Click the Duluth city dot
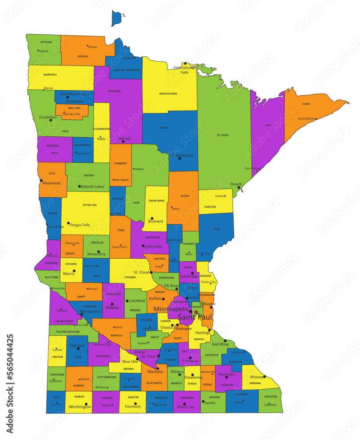click(x=239, y=188)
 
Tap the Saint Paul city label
click(x=195, y=317)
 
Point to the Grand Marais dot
click(x=316, y=119)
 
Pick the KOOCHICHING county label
click(x=168, y=94)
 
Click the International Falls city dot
click(x=185, y=63)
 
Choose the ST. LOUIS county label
click(x=224, y=135)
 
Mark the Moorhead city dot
click(x=41, y=180)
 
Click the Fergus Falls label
click(x=80, y=225)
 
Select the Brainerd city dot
click(x=152, y=218)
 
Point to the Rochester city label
click(x=227, y=374)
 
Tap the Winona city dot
click(x=264, y=377)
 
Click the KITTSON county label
click(x=46, y=42)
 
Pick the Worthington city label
click(x=80, y=407)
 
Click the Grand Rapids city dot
click(x=179, y=158)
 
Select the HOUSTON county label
click(x=270, y=396)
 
